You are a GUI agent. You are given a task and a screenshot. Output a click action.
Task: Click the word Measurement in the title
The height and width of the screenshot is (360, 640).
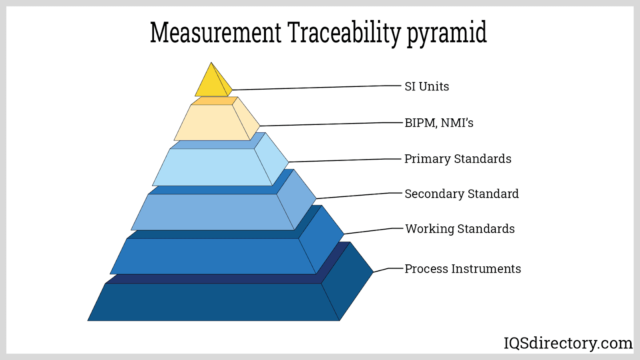click(216, 33)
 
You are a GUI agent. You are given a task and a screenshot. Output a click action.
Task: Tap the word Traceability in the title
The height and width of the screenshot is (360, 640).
click(344, 33)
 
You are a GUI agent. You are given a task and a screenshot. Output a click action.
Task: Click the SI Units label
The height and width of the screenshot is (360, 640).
click(427, 86)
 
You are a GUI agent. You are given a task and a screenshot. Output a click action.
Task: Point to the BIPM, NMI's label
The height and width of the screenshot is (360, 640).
click(439, 123)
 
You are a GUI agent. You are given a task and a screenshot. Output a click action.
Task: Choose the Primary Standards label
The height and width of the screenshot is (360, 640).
click(458, 159)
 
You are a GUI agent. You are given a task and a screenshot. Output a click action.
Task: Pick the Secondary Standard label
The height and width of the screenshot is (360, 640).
click(462, 194)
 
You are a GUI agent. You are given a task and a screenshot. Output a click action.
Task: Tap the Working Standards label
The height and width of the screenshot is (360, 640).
click(460, 229)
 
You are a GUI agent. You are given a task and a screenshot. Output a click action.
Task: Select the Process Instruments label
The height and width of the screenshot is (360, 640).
click(463, 269)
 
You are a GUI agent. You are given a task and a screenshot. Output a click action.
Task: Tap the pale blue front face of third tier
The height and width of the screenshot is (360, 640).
click(212, 167)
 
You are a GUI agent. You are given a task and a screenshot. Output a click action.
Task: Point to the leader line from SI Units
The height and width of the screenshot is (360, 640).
click(312, 88)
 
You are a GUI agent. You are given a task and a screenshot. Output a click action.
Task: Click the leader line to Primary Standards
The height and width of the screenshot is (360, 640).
click(340, 160)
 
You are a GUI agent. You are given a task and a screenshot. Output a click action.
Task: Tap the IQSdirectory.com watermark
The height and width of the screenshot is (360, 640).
click(568, 343)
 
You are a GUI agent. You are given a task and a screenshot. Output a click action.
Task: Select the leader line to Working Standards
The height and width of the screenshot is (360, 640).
click(368, 231)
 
